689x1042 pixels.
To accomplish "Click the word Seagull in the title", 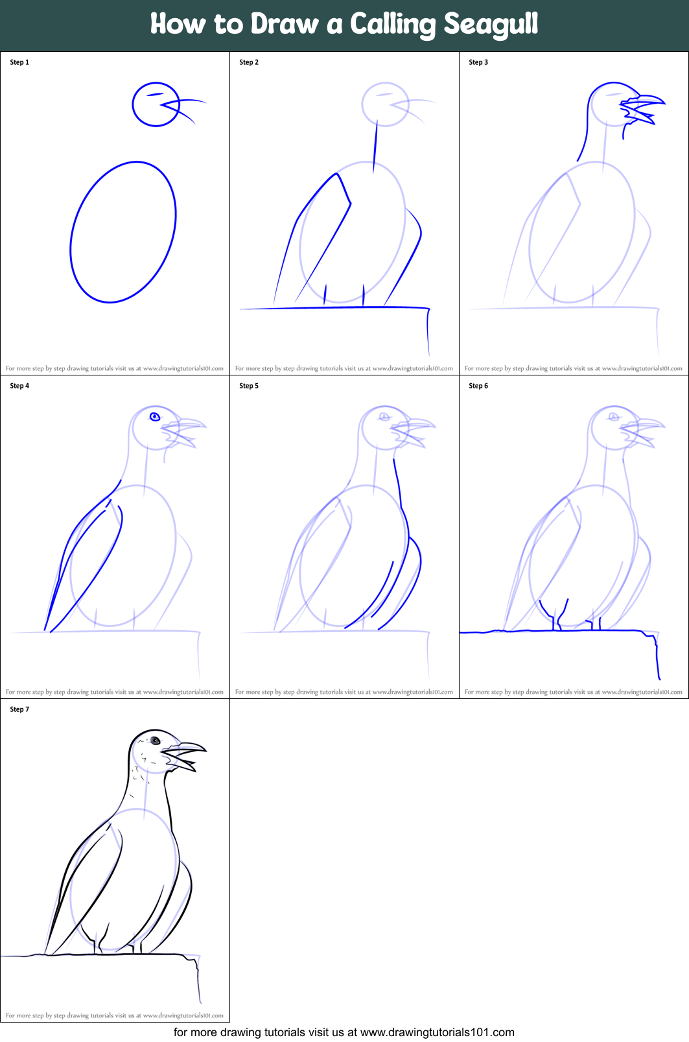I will tap(491, 24).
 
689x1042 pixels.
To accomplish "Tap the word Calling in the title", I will tap(393, 25).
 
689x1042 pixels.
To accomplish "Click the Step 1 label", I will tap(19, 62).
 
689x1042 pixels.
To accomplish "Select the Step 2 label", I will tap(249, 62).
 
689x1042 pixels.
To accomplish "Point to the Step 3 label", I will tap(478, 62).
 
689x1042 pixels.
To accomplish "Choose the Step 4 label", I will tap(19, 386).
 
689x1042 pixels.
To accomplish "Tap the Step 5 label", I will tap(249, 386).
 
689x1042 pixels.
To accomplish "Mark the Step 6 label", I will tap(478, 386).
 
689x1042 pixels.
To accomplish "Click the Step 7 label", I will tap(19, 709).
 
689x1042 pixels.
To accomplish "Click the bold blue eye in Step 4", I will tap(155, 416).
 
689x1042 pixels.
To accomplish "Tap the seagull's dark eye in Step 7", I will tap(155, 740).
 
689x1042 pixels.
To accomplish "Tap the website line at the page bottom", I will tap(344, 1032).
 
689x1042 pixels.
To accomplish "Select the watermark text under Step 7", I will tap(115, 1015).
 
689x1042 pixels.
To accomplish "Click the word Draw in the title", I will tap(285, 24).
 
